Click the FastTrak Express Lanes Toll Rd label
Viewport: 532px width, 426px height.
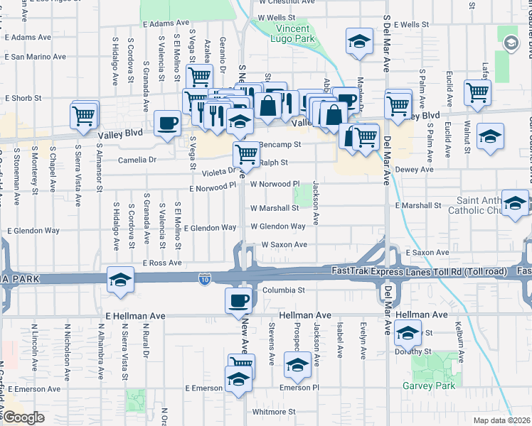[423, 271]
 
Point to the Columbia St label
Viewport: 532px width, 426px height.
[282, 290]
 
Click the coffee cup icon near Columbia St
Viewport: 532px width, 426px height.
[238, 300]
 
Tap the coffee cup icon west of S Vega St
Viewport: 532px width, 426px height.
[168, 124]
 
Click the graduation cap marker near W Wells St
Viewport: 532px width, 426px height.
[359, 41]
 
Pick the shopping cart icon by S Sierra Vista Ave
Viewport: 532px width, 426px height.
[85, 114]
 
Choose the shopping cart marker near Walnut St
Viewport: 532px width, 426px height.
[477, 92]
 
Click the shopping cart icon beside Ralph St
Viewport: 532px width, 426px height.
[246, 153]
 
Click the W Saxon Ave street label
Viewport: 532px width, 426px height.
[284, 244]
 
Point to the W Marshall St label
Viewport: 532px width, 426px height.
[275, 209]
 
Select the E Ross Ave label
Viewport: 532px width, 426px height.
[162, 263]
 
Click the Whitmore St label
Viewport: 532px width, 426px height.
[274, 411]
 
